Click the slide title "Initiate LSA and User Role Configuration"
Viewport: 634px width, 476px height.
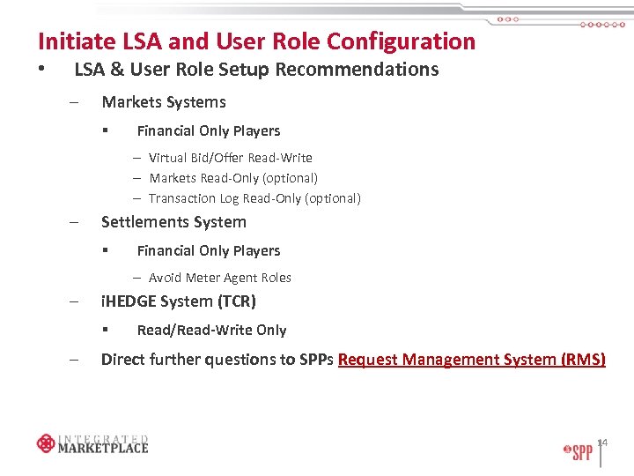click(256, 41)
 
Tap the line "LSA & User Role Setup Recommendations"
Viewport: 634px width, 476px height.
click(256, 70)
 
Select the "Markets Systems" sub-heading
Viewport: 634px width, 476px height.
click(164, 102)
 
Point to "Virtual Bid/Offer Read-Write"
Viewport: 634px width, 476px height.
click(230, 158)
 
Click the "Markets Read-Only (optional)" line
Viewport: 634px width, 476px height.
click(233, 178)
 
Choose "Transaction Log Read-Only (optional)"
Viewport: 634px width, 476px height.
click(254, 198)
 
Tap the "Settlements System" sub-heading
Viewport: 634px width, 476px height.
click(173, 222)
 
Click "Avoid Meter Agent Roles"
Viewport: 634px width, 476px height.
click(219, 278)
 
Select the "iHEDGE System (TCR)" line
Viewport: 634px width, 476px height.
click(179, 301)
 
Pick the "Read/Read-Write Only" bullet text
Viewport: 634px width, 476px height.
click(211, 331)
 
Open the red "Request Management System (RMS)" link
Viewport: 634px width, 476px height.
click(471, 360)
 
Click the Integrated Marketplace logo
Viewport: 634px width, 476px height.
click(92, 443)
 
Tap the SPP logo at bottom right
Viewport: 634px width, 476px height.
click(578, 452)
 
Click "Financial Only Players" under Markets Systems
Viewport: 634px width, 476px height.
click(208, 131)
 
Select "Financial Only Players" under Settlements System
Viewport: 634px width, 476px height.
click(208, 251)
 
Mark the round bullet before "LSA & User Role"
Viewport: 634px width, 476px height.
click(41, 70)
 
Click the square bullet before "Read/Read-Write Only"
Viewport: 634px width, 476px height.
click(105, 331)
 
